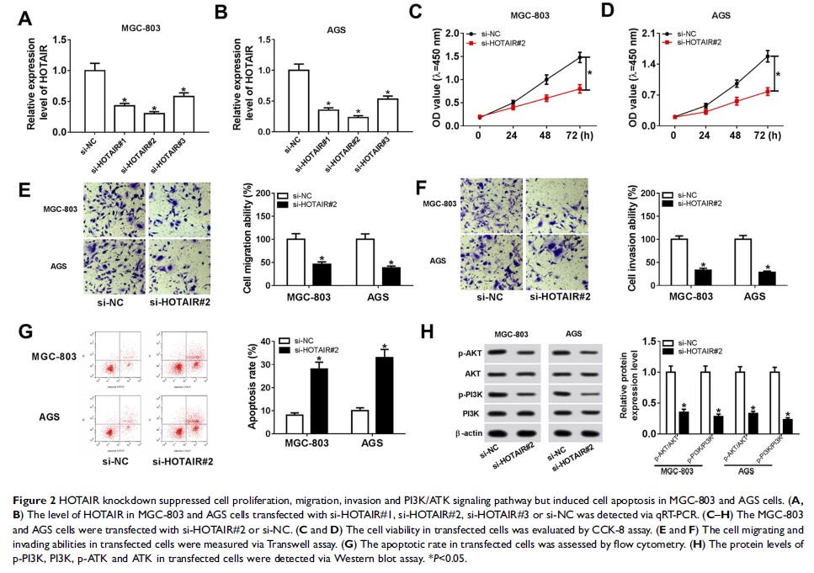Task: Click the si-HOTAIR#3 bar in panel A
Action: [184, 114]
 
